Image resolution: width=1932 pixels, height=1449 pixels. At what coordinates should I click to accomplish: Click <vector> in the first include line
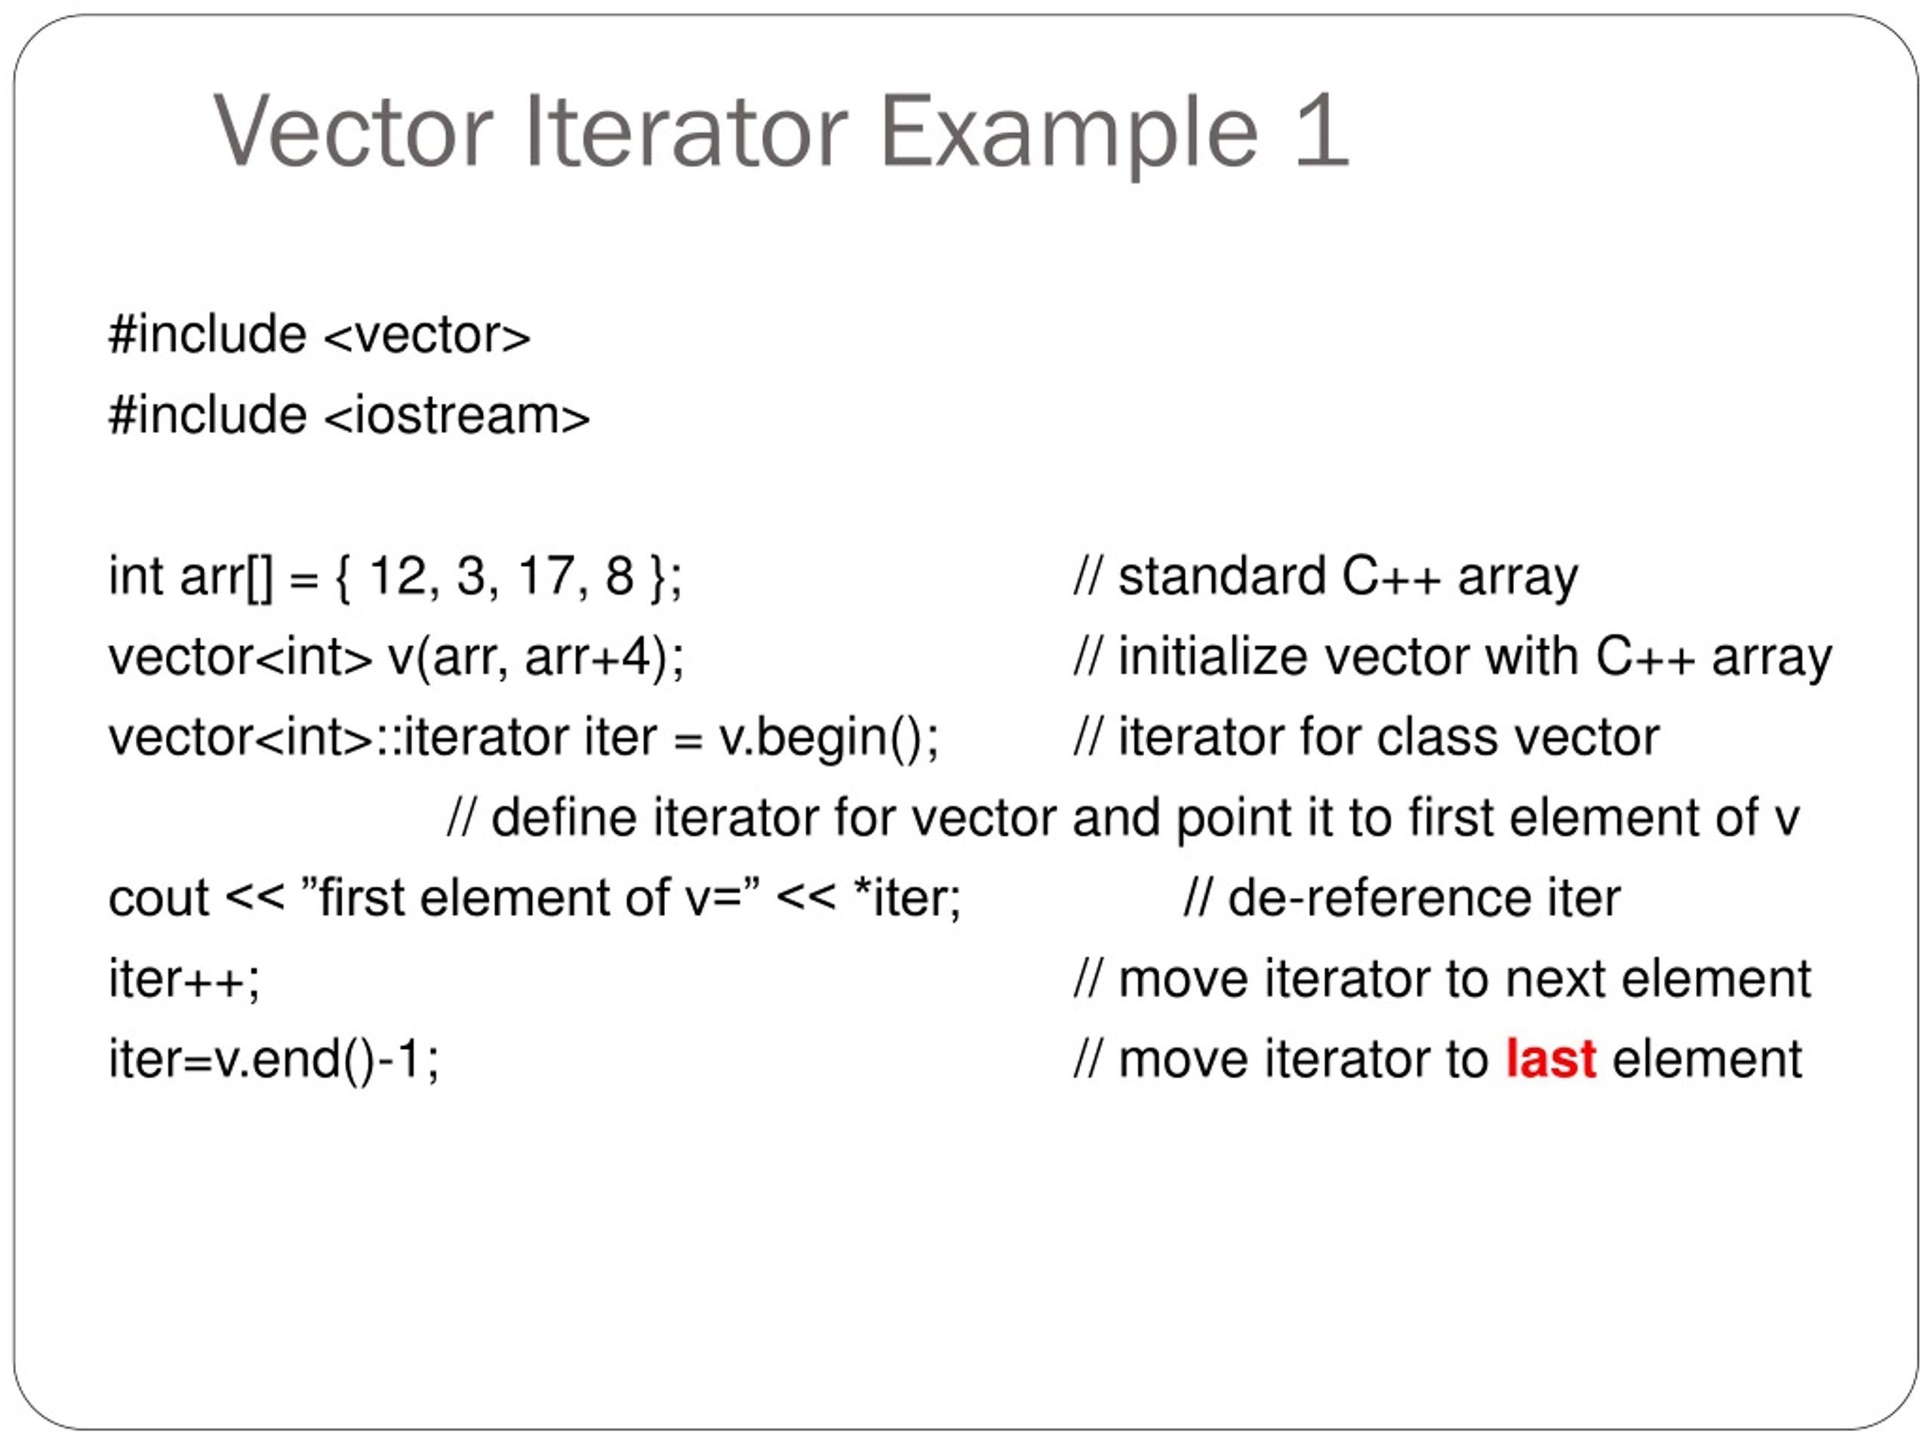click(427, 335)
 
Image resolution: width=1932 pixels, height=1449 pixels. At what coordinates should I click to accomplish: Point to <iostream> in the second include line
click(457, 416)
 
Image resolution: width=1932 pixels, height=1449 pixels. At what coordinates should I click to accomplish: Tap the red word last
click(1551, 1060)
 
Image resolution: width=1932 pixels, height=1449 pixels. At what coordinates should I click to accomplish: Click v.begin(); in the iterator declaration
click(829, 738)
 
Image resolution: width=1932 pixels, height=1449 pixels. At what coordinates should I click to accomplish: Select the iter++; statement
click(184, 979)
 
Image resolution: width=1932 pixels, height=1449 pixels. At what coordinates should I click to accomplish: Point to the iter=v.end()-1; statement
click(273, 1060)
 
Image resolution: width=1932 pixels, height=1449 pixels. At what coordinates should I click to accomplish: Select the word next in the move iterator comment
click(1555, 979)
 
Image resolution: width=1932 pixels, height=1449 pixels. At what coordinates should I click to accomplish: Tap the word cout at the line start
click(158, 899)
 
